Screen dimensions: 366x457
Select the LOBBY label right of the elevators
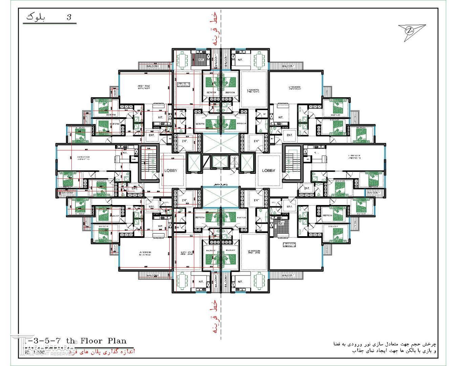(268, 170)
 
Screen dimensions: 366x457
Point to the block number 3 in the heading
(69, 18)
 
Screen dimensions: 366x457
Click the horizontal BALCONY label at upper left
(153, 66)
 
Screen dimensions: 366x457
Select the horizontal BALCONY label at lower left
(153, 276)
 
